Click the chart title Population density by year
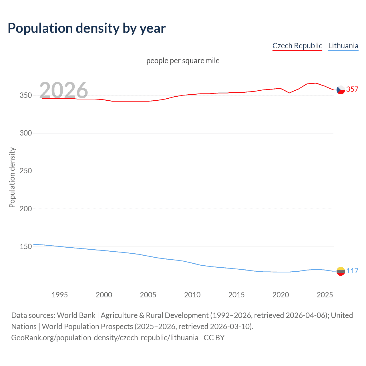pyautogui.click(x=87, y=28)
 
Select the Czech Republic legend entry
pyautogui.click(x=297, y=46)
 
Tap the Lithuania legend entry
pyautogui.click(x=343, y=46)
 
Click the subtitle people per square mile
pyautogui.click(x=183, y=61)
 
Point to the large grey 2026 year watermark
pyautogui.click(x=63, y=90)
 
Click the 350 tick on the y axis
pyautogui.click(x=26, y=96)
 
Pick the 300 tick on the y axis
pyautogui.click(x=26, y=133)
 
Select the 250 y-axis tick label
pyautogui.click(x=26, y=171)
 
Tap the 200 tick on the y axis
pyautogui.click(x=26, y=209)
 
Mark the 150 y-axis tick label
pyautogui.click(x=26, y=246)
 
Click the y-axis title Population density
pyautogui.click(x=12, y=177)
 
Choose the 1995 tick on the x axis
pyautogui.click(x=60, y=295)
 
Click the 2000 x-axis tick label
pyautogui.click(x=104, y=295)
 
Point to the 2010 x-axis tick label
pyautogui.click(x=192, y=295)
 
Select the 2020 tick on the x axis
pyautogui.click(x=281, y=295)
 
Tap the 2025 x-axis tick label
pyautogui.click(x=325, y=295)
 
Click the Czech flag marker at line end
pyautogui.click(x=341, y=90)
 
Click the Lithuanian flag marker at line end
pyautogui.click(x=341, y=271)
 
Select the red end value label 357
pyautogui.click(x=352, y=89)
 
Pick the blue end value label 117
pyautogui.click(x=352, y=271)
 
